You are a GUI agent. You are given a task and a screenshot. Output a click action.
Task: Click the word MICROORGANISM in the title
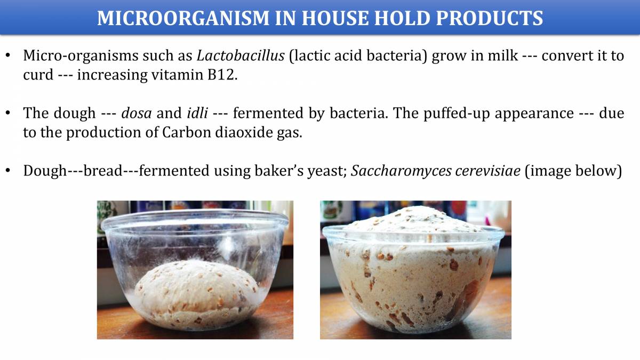click(x=168, y=18)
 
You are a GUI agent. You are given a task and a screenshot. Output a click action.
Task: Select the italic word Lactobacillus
click(x=241, y=55)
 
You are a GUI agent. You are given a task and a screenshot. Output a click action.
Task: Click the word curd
click(x=38, y=75)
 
